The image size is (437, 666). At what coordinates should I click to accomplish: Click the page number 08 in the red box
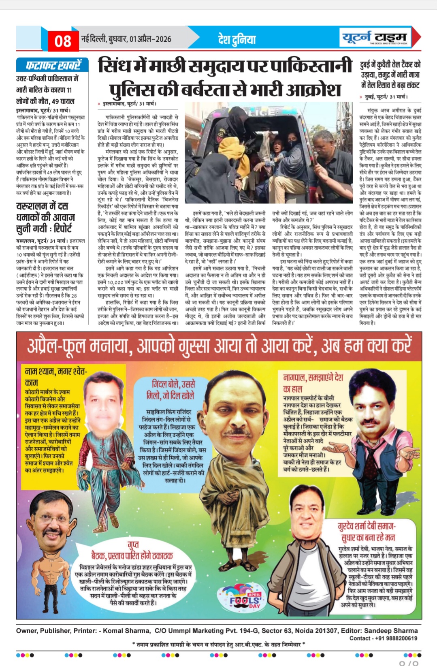point(63,41)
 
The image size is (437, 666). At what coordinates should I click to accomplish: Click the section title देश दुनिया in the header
point(237,39)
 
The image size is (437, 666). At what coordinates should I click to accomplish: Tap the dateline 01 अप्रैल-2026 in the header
point(150,39)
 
